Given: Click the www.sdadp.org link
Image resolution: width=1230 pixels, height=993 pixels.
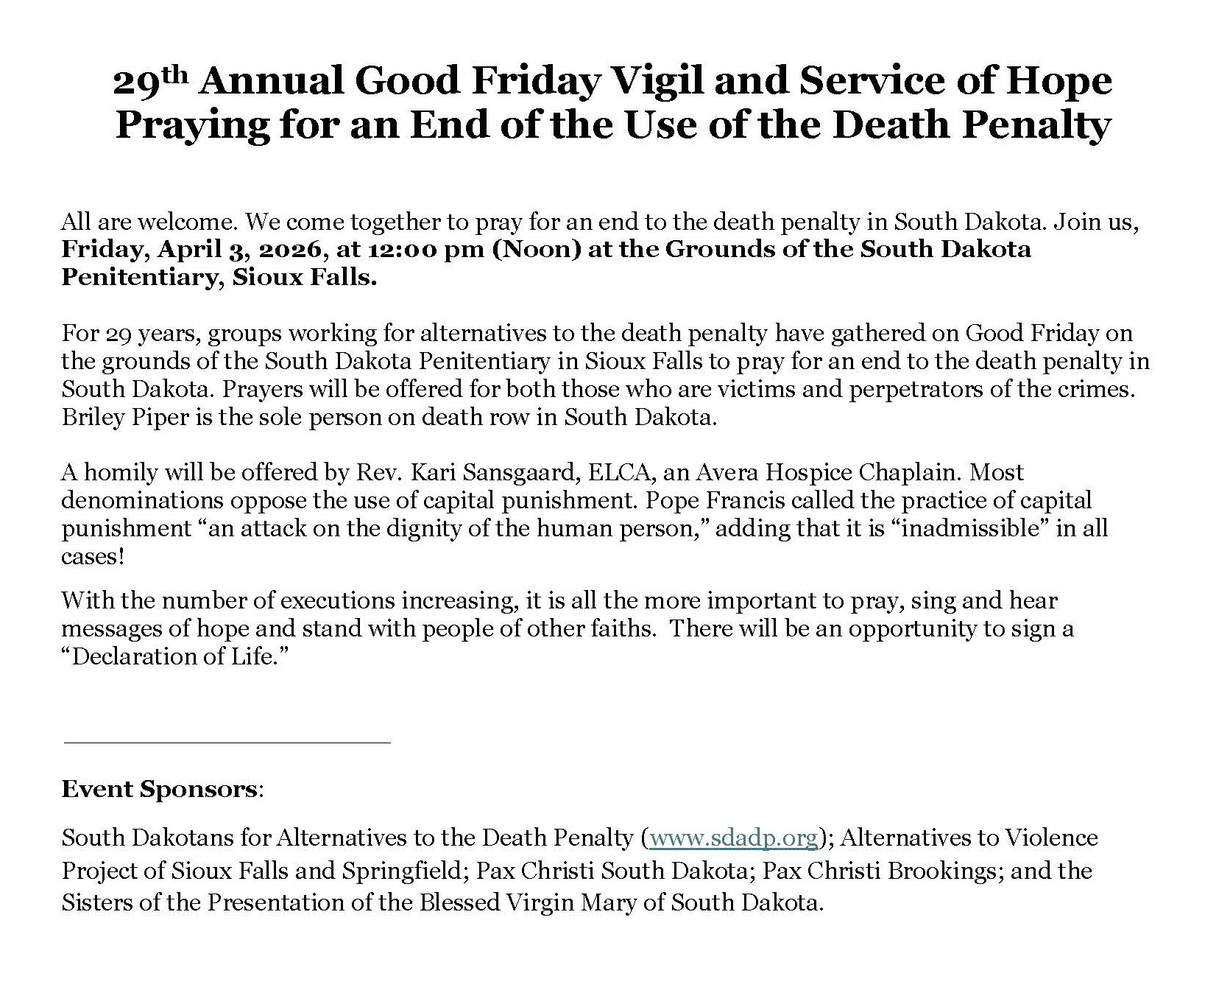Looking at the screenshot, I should (734, 838).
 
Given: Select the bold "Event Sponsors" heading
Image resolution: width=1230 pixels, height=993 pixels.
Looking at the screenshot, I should (159, 789).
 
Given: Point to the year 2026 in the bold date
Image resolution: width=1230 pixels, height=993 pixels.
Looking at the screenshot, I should (294, 249).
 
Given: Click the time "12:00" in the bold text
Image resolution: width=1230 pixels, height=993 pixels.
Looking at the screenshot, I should (400, 249).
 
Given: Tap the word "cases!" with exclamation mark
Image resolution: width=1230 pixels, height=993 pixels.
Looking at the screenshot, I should (93, 556).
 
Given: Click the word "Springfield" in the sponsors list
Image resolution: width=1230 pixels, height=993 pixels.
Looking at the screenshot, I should (404, 870).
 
